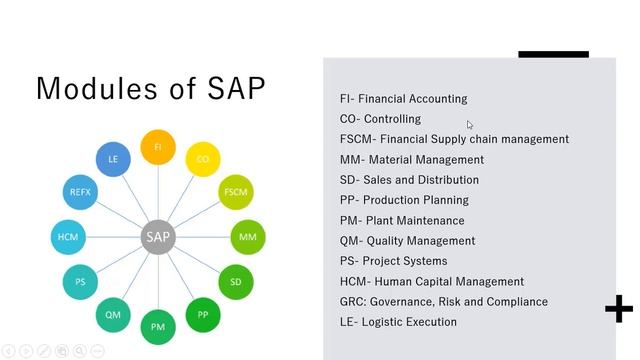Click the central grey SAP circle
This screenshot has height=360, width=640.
pyautogui.click(x=158, y=237)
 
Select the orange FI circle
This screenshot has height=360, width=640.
pyautogui.click(x=158, y=146)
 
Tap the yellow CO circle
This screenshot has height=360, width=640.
pyautogui.click(x=203, y=158)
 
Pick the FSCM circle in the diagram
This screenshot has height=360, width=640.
pyautogui.click(x=236, y=191)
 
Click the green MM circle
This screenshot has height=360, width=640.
pyautogui.click(x=248, y=237)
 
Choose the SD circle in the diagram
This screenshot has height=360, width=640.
pyautogui.click(x=236, y=282)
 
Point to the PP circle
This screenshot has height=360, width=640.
pyautogui.click(x=203, y=315)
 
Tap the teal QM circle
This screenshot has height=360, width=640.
pyautogui.click(x=113, y=315)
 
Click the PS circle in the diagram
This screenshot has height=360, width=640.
pyautogui.click(x=80, y=282)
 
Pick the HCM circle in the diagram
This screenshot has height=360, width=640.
pyautogui.click(x=68, y=237)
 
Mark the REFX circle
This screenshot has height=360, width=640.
pyautogui.click(x=80, y=191)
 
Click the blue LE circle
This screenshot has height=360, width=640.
pyautogui.click(x=113, y=158)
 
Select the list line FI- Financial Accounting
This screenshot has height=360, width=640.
pyautogui.click(x=403, y=99)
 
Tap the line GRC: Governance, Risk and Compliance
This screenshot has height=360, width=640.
pyautogui.click(x=443, y=302)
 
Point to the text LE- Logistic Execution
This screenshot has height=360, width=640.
pyautogui.click(x=398, y=322)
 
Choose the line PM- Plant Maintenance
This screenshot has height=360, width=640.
pyautogui.click(x=402, y=220)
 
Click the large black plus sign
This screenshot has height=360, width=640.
pyautogui.click(x=619, y=309)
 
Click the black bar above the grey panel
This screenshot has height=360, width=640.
pyautogui.click(x=553, y=54)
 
